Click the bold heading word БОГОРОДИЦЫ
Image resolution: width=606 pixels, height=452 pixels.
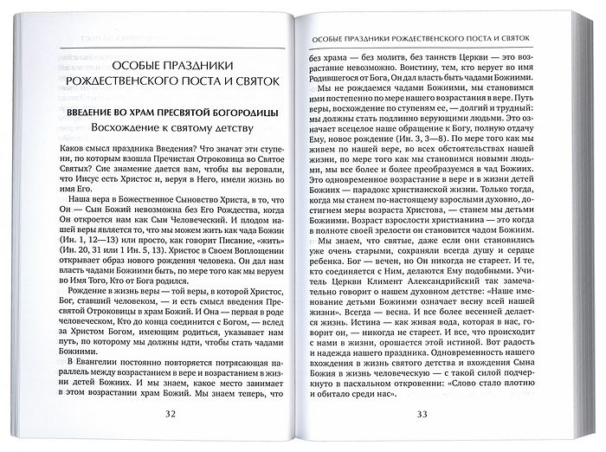click(228, 113)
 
